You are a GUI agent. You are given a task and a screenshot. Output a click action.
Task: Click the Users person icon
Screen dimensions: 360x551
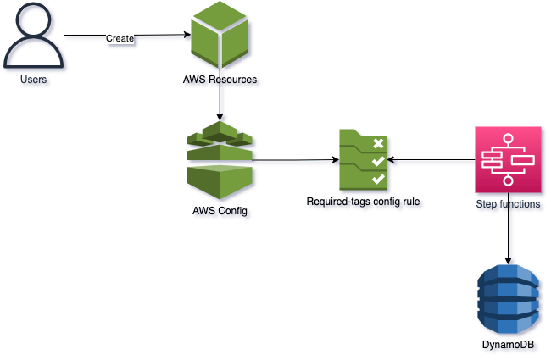click(x=33, y=39)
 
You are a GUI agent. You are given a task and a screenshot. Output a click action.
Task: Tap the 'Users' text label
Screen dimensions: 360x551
click(x=33, y=80)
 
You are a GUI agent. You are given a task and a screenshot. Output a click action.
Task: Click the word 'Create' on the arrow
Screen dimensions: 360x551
click(x=119, y=37)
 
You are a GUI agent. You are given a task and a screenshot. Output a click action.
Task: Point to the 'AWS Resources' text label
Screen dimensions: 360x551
click(x=220, y=80)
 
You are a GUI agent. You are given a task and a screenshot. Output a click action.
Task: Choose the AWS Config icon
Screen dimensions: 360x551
click(x=220, y=158)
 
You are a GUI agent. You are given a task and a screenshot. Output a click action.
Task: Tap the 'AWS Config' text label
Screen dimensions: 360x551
click(x=220, y=210)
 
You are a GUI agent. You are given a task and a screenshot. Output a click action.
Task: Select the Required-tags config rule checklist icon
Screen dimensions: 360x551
click(x=363, y=159)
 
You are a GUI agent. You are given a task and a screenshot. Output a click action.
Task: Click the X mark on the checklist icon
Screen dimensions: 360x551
click(x=377, y=143)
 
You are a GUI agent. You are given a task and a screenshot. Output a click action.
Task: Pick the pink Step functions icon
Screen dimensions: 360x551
click(x=508, y=159)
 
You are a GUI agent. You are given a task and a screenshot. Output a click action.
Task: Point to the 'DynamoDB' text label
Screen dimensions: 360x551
click(x=508, y=346)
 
